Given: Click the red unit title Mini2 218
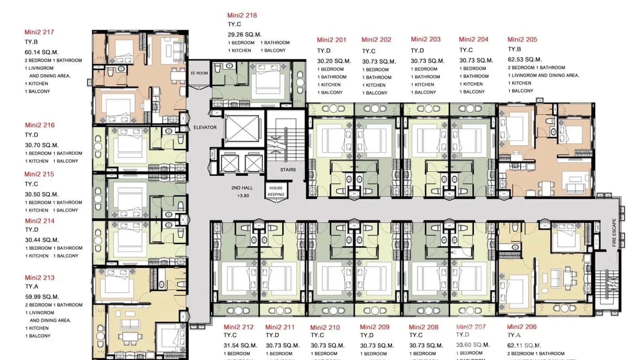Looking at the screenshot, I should coord(242,15).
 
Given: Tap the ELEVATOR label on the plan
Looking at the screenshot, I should coord(205,127).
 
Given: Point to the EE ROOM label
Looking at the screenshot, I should coord(199,73).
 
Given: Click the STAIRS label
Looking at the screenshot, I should coord(288,169).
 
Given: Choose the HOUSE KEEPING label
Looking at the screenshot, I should coord(276,191).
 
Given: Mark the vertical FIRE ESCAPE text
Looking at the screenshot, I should coord(614,233).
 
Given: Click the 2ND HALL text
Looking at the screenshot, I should coord(242,188).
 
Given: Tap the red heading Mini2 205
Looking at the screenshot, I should coord(522,40).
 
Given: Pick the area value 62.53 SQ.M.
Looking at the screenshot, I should coord(524,60).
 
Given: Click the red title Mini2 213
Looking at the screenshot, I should coord(40,277).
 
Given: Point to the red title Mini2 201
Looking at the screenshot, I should coord(331,40).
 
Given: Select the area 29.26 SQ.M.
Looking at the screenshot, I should coord(245,34).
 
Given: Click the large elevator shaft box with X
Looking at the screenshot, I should coord(242,128).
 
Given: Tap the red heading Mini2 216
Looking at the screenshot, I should coord(40,125).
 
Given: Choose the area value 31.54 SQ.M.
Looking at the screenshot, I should coord(241,345).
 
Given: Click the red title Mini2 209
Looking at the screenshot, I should coord(374,327).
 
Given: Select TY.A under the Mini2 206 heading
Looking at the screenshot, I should coord(514,336).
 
